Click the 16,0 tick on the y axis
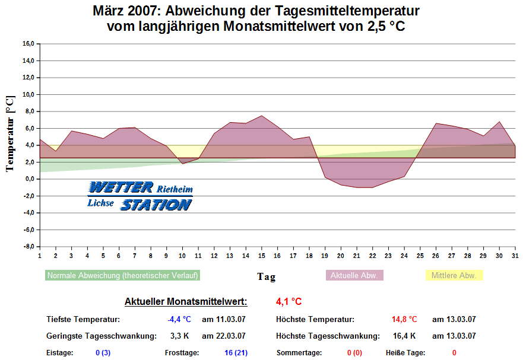[28, 43]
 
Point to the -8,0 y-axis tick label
[28, 246]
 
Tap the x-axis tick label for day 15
[261, 256]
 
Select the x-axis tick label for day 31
[514, 256]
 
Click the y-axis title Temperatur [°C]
[9, 133]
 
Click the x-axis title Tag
[266, 276]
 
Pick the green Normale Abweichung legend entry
[122, 276]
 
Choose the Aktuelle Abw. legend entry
[355, 276]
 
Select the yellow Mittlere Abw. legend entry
[454, 276]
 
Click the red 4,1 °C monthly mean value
[289, 302]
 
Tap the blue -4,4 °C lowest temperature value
[179, 320]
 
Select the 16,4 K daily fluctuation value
[404, 336]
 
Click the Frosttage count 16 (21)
[236, 353]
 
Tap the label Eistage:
[60, 353]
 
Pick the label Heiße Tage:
[407, 353]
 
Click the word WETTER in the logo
[121, 188]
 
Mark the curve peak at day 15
[261, 116]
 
